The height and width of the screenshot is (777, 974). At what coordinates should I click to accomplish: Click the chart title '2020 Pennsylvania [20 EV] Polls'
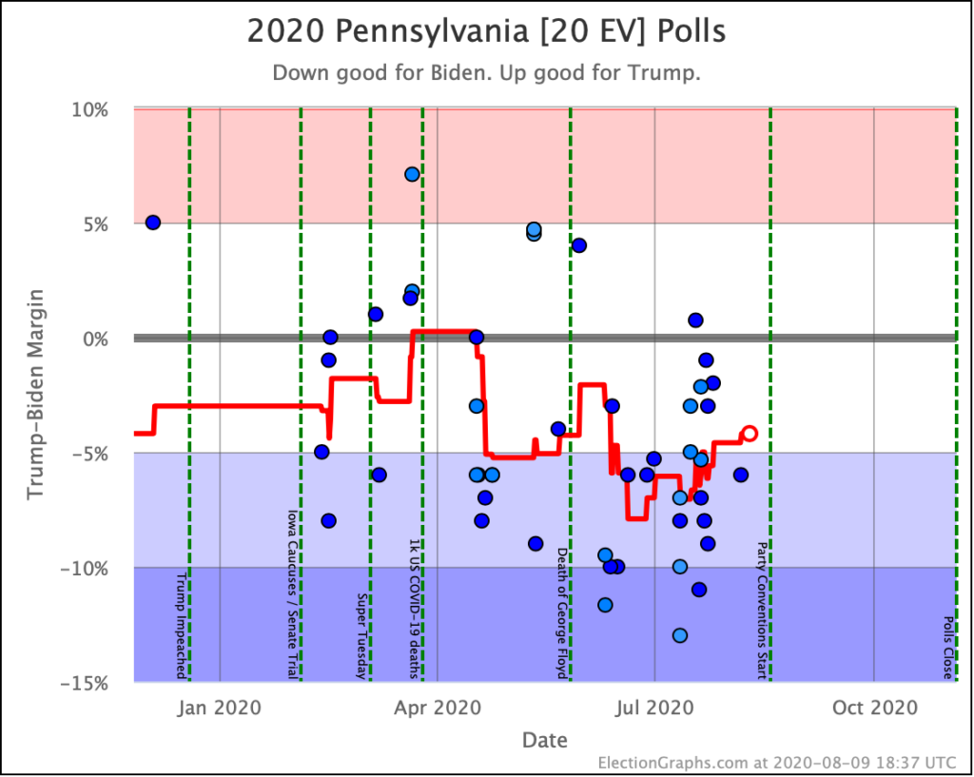point(486,31)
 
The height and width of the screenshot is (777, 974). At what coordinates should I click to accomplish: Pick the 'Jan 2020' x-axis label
point(220,708)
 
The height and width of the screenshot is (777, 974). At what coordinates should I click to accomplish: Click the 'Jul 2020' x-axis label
point(654,708)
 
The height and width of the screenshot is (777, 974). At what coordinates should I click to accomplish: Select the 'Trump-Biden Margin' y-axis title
point(35,395)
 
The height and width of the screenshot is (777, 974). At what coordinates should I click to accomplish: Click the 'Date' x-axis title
point(544,740)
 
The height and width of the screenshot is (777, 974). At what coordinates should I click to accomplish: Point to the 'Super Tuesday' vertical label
point(362,635)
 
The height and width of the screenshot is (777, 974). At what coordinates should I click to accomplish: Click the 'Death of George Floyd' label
point(562,612)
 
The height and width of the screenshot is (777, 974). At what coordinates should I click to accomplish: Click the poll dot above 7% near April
point(412,174)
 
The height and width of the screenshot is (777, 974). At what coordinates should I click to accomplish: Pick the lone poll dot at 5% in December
point(152,223)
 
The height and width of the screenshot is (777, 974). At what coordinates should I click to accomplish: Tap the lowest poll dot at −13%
point(679,635)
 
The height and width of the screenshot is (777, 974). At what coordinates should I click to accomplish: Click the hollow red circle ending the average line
point(750,433)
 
